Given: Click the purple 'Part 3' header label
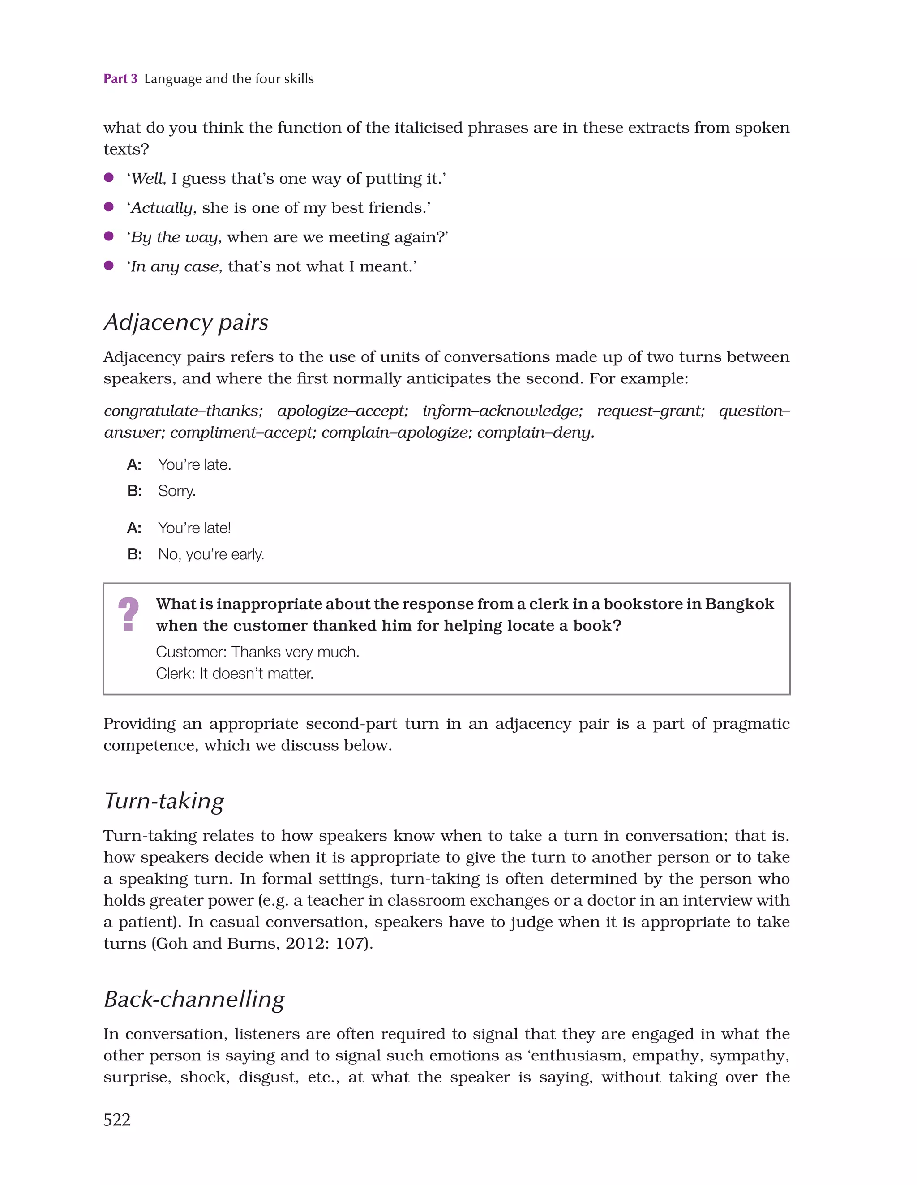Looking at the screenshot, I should [120, 79].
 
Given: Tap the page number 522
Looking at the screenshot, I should [117, 1119].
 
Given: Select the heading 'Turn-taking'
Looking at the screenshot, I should [164, 801].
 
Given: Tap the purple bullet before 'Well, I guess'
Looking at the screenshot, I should [108, 177].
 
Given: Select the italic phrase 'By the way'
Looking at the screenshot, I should [175, 237].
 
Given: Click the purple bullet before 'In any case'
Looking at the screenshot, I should [108, 265].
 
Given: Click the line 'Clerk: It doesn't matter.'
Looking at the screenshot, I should [235, 674].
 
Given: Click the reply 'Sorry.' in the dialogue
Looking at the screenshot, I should [176, 491].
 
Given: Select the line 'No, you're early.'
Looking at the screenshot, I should [211, 554].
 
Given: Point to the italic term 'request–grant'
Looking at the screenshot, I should [650, 411].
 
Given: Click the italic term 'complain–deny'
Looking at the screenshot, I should [535, 433].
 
